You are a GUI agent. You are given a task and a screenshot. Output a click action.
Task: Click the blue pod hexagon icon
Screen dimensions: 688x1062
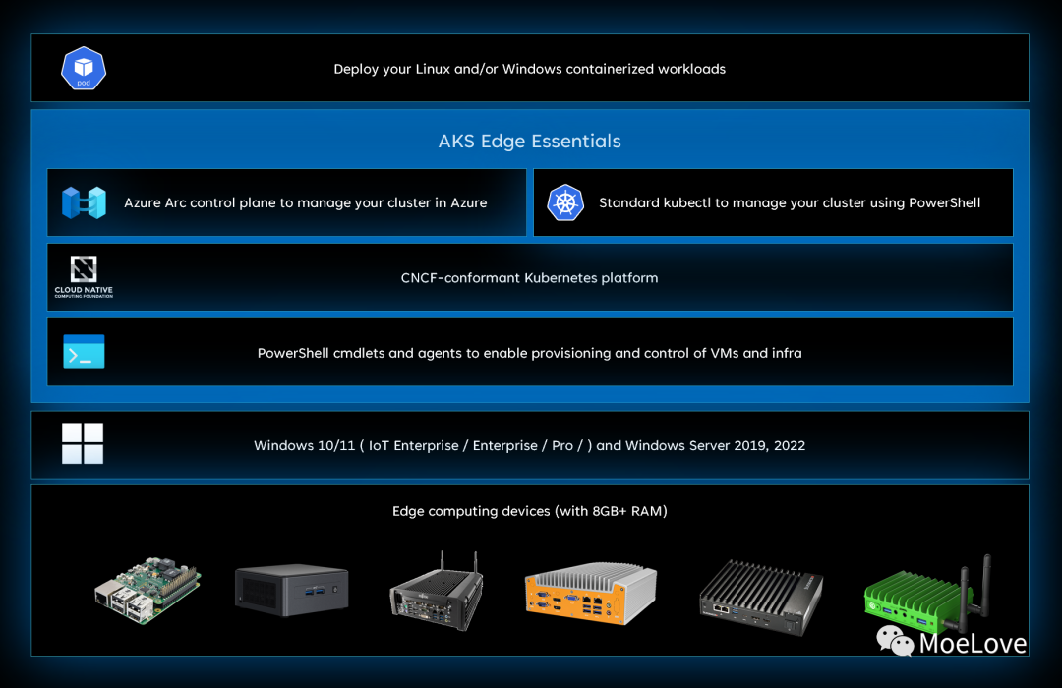(84, 69)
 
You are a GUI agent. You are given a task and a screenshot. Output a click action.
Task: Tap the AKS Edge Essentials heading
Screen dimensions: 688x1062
(529, 142)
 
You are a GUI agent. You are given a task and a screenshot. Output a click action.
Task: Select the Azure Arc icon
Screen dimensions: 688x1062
(84, 202)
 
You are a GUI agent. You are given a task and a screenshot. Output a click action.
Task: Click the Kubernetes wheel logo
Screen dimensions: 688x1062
(565, 202)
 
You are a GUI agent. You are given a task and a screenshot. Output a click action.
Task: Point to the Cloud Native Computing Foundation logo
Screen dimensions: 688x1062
(84, 277)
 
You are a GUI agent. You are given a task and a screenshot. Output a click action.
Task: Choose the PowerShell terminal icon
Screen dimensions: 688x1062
(84, 352)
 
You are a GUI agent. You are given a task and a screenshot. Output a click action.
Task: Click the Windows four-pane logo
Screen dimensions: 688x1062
(83, 444)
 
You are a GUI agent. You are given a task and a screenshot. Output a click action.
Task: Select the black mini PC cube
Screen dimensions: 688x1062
(293, 590)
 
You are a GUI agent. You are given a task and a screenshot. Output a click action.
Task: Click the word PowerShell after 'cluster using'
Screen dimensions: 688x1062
(945, 202)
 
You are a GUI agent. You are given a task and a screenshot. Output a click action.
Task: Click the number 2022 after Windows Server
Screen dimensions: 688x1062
(789, 445)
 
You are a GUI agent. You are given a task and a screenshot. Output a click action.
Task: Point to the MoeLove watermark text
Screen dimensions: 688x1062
(973, 644)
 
